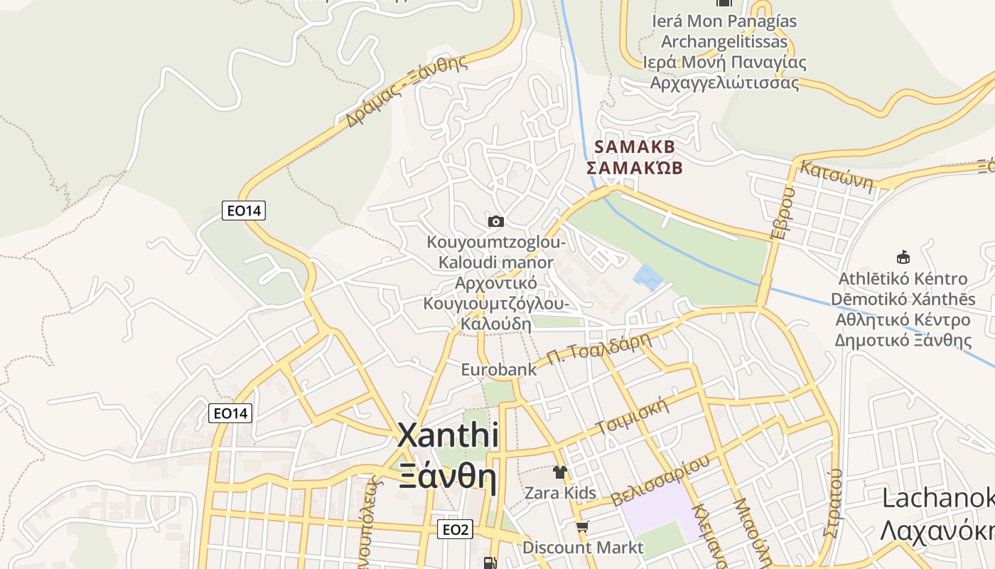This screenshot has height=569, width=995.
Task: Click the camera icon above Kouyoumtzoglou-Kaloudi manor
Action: pyautogui.click(x=496, y=222)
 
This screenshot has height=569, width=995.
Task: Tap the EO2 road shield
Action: pyautogui.click(x=456, y=529)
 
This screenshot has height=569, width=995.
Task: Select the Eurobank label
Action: pyautogui.click(x=499, y=370)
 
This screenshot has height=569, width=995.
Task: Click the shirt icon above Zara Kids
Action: pyautogui.click(x=560, y=472)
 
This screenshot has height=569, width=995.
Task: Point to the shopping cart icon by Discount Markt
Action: pyautogui.click(x=583, y=527)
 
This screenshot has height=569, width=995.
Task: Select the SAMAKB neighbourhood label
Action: pyautogui.click(x=634, y=147)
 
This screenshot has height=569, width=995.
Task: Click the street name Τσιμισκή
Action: pyautogui.click(x=634, y=416)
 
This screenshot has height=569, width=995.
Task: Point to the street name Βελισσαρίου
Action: pyautogui.click(x=660, y=481)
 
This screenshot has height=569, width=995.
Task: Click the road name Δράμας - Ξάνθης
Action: pyautogui.click(x=407, y=90)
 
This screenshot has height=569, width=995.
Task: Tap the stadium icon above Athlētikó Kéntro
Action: pyautogui.click(x=903, y=257)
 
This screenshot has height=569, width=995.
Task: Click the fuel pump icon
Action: pyautogui.click(x=490, y=563)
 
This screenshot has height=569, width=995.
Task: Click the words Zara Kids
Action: pyautogui.click(x=560, y=493)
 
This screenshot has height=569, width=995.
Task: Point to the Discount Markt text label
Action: pyautogui.click(x=583, y=548)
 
